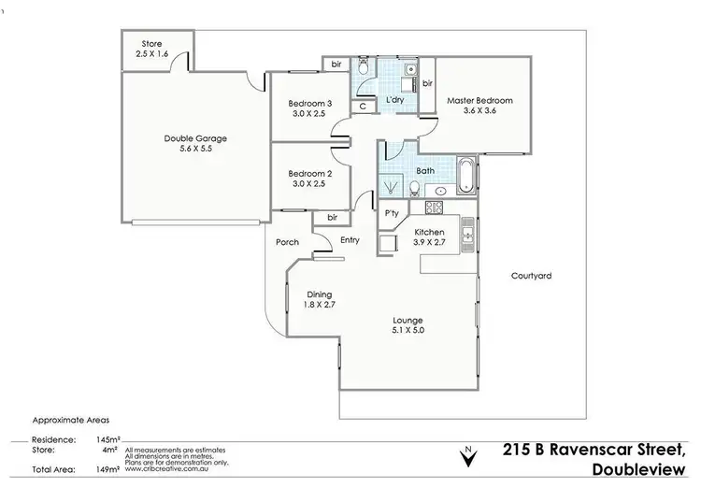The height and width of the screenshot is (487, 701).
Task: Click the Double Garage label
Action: [x=195, y=138]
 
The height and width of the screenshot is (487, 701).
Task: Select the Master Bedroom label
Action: [x=479, y=100]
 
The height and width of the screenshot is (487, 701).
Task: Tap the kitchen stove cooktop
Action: [x=435, y=207]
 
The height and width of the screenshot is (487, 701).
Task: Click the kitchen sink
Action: [x=470, y=232]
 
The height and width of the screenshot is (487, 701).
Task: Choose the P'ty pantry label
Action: [x=393, y=213]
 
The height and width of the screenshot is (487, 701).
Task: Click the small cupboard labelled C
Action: [x=363, y=107]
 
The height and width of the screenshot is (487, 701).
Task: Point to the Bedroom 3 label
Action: [x=309, y=103]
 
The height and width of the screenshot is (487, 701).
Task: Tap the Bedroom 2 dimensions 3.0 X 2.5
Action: [x=309, y=184]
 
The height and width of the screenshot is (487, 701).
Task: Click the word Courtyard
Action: [x=531, y=276]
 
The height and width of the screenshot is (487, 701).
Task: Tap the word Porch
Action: [x=287, y=242]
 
